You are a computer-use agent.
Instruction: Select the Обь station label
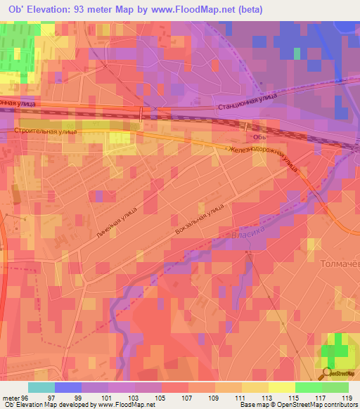259,138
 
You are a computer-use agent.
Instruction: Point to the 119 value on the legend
347,398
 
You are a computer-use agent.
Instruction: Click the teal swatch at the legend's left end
41,387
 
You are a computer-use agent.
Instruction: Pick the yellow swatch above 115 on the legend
281,387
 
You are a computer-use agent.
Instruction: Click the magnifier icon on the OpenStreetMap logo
328,374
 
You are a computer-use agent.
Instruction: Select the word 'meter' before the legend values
11,398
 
